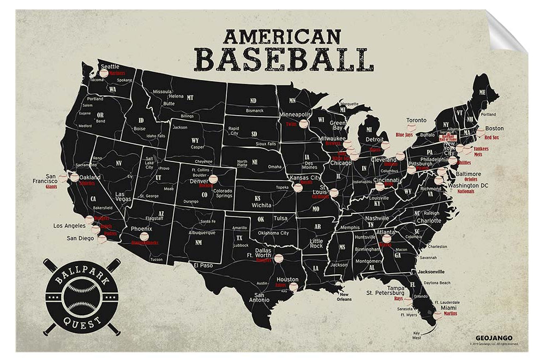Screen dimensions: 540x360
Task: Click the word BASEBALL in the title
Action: point(284,59)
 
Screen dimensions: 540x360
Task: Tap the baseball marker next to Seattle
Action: point(104,71)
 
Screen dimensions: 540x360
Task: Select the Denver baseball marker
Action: point(213,178)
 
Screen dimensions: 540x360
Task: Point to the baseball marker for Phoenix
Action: point(144,236)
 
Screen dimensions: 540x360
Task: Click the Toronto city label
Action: point(416,121)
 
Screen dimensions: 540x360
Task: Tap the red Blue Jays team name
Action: point(404,134)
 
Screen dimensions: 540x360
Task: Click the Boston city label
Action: point(494,129)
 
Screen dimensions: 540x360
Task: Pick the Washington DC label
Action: point(468,185)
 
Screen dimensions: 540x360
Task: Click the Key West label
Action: point(418,334)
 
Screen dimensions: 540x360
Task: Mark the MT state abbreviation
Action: point(190,98)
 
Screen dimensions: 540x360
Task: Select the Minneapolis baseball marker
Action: point(304,124)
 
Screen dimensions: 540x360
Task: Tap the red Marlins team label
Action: point(450,315)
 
